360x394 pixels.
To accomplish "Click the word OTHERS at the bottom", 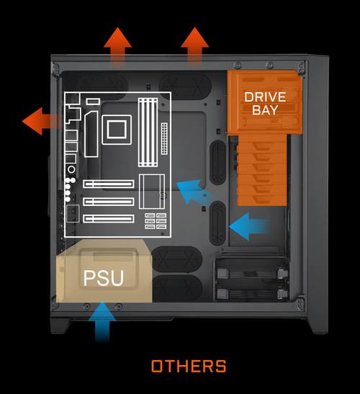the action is click(x=189, y=366).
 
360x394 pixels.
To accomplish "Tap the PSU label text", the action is click(x=104, y=278).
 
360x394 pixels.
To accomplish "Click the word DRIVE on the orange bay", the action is click(x=265, y=97).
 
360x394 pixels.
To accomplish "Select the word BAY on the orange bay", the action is click(x=265, y=109).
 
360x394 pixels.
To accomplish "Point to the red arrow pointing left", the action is click(x=42, y=121).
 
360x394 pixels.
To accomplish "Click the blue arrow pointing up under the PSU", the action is click(x=102, y=322).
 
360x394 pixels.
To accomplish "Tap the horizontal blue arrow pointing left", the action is click(x=249, y=227).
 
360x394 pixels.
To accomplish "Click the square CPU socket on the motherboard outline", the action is click(x=117, y=130).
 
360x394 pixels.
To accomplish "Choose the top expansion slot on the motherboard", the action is click(x=109, y=184).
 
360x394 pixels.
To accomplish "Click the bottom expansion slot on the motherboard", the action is click(x=109, y=219).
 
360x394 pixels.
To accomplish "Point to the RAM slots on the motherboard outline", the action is click(x=148, y=133).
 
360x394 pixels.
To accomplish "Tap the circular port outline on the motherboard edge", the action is click(x=71, y=169).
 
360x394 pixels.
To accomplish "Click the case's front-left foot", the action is click(x=60, y=326).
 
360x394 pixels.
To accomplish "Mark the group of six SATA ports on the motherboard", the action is click(x=156, y=221).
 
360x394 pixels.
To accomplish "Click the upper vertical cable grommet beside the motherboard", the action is click(x=217, y=163).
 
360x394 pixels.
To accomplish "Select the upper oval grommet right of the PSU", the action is click(x=177, y=259).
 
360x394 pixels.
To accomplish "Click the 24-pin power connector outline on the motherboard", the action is click(x=164, y=139).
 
